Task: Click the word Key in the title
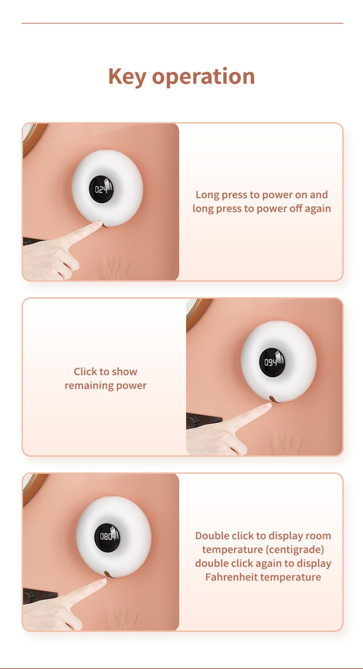click(127, 77)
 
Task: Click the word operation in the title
click(203, 77)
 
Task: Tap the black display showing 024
click(102, 189)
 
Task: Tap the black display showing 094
click(272, 362)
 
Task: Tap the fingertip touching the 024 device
click(98, 223)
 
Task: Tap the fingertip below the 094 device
click(268, 406)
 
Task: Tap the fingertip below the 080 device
click(103, 581)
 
